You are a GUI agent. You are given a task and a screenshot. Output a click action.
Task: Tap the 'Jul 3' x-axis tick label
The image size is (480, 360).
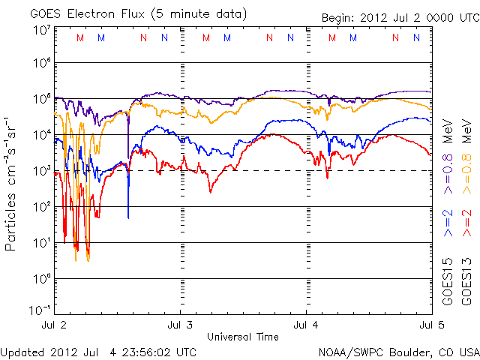(180, 325)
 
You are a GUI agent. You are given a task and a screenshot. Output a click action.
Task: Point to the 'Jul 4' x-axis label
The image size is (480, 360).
(306, 325)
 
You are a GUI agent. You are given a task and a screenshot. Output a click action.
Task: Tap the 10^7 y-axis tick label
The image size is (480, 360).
(42, 29)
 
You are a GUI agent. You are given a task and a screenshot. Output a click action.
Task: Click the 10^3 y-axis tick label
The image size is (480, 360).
(42, 169)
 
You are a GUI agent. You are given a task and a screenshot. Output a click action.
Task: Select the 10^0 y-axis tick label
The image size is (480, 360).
(42, 277)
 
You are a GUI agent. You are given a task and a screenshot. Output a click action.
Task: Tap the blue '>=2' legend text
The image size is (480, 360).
(448, 223)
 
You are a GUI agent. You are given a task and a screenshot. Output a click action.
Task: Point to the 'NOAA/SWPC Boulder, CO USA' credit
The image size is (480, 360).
(398, 351)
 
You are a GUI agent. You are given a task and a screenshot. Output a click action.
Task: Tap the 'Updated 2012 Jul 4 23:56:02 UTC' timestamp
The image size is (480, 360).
(99, 351)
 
